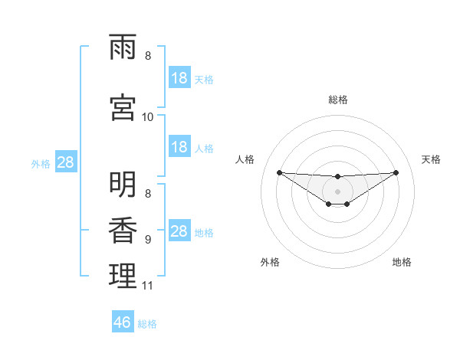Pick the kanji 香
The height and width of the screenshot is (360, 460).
coord(123,230)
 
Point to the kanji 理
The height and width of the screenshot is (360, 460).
coord(123,276)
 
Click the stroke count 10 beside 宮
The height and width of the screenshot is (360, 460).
coord(148,116)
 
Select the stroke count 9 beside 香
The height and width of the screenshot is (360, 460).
coord(148,240)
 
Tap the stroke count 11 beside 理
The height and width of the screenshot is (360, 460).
coord(148,286)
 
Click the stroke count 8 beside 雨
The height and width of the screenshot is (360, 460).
coord(148,56)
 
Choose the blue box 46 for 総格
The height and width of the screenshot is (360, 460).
coord(123,322)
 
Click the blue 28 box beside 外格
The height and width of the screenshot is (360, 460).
coord(65,162)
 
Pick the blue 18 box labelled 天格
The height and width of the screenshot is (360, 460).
coord(179,78)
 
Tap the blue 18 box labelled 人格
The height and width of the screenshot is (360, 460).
coord(179,147)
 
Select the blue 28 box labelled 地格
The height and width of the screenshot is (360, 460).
coord(179,231)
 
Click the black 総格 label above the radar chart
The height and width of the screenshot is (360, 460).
coord(337,100)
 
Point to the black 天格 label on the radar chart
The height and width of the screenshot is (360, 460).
coord(432,159)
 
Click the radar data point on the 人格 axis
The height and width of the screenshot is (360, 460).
coord(279,172)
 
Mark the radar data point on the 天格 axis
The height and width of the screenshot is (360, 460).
coord(396,172)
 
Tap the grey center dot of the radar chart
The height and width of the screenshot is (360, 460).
coord(337,191)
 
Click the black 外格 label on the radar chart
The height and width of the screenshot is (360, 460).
coord(270,262)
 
